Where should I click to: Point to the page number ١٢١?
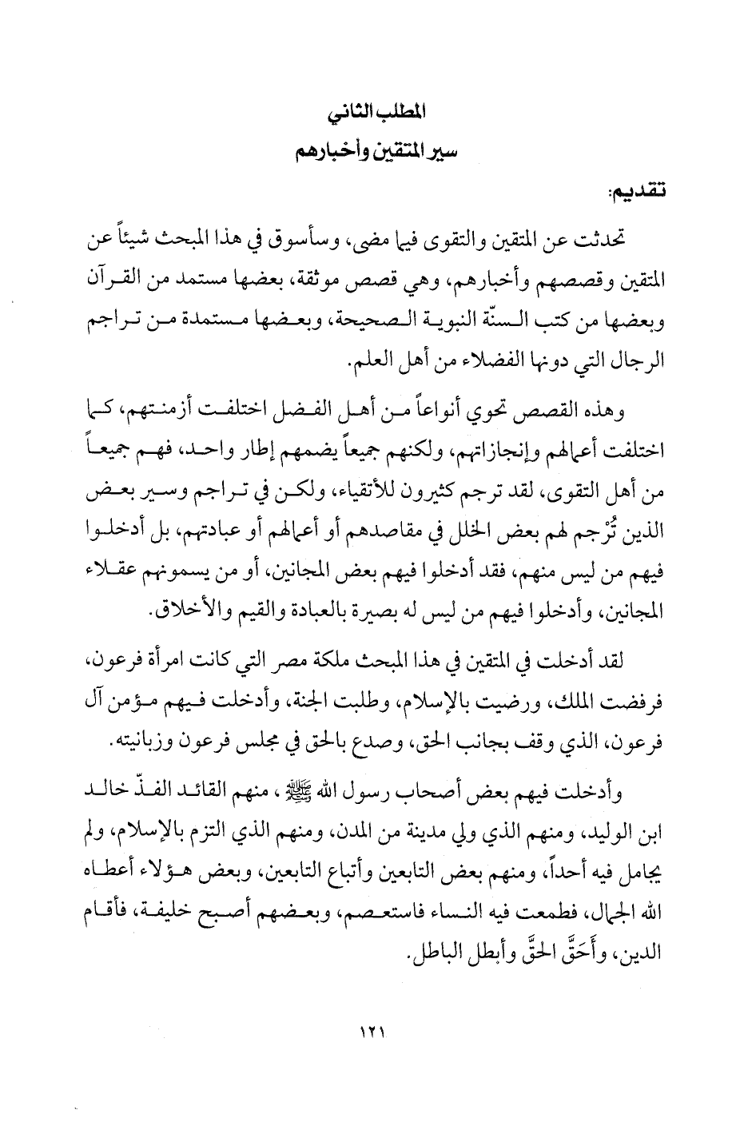(371, 1032)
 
